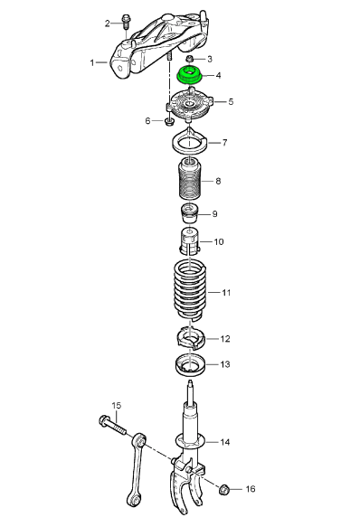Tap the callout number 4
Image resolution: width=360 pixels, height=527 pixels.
point(218,75)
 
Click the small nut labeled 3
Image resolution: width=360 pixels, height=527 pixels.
point(190,59)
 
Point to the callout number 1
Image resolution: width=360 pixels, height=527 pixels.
point(92,62)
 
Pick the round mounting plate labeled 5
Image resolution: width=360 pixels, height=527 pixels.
point(191,104)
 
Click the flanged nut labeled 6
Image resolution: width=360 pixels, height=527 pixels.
point(169,120)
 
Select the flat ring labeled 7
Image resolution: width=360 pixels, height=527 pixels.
point(190,143)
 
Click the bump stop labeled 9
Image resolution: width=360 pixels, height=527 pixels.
point(190,213)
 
